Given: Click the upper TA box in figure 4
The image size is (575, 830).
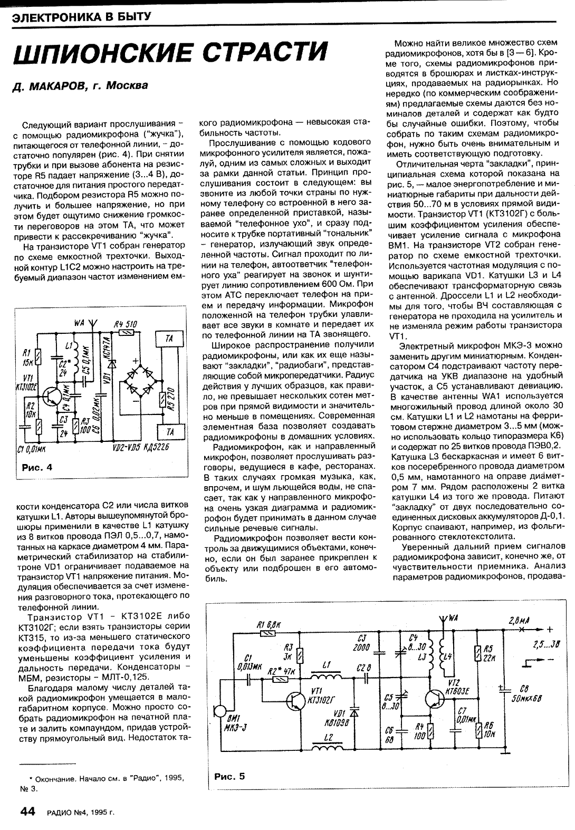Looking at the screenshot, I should [169, 339].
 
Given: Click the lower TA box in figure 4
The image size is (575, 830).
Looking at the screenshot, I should [169, 432].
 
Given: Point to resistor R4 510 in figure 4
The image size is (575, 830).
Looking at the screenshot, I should [126, 333].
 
